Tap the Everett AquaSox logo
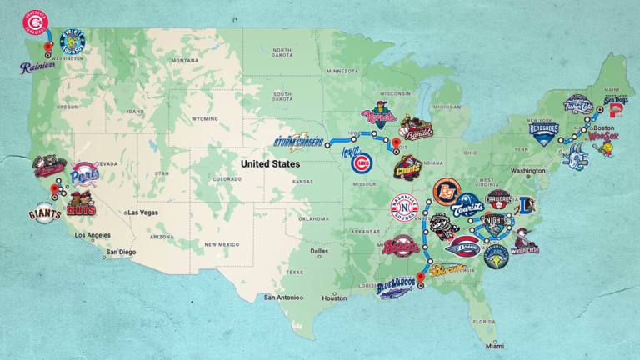tap(73, 40)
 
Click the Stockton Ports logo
tap(84, 174)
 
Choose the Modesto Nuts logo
tap(82, 203)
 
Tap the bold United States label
tap(271, 164)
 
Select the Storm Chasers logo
tap(298, 141)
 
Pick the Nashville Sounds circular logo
tap(404, 207)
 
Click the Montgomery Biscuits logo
tap(447, 269)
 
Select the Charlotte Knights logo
tap(493, 222)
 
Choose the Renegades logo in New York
tap(544, 132)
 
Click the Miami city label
tap(497, 346)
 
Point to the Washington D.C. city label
tap(528, 171)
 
